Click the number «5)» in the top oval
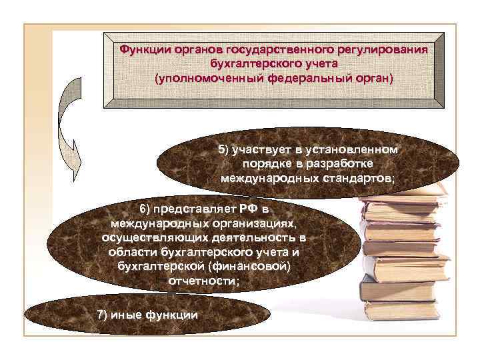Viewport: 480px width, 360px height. [x=225, y=149]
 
